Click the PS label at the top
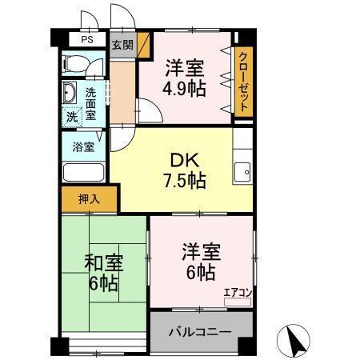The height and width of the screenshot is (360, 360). click(86, 38)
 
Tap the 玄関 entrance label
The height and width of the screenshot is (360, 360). click(122, 45)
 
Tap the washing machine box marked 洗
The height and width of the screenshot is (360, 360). click(72, 117)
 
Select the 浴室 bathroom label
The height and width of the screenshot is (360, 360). click(84, 146)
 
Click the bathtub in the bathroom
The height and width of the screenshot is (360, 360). click(83, 172)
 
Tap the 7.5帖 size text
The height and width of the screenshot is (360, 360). click(186, 180)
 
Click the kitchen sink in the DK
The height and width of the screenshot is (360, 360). click(242, 170)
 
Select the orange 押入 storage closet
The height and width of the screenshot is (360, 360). click(88, 198)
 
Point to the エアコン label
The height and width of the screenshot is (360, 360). click(238, 293)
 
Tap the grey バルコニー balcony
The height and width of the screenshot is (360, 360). click(200, 330)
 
